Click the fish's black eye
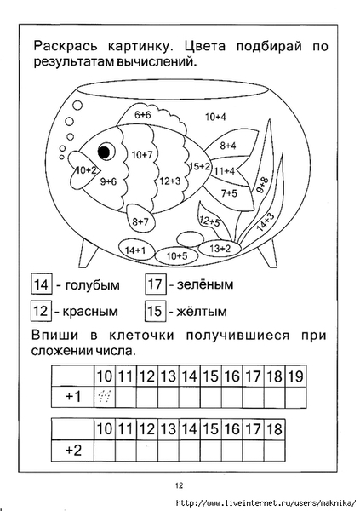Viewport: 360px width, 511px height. click(x=104, y=152)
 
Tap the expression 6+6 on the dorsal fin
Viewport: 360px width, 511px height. click(x=142, y=115)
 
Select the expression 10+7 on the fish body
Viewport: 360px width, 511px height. click(x=142, y=154)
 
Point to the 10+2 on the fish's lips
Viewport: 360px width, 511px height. click(x=86, y=170)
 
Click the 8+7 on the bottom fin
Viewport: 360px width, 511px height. click(x=140, y=221)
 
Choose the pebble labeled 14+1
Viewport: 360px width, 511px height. click(x=135, y=250)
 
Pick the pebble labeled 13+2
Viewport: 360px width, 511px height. click(x=220, y=249)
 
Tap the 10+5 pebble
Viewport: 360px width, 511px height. click(x=177, y=255)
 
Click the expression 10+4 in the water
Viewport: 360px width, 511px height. click(x=215, y=117)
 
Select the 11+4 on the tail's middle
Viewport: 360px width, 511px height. click(x=225, y=170)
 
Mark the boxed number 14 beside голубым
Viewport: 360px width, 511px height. click(x=42, y=284)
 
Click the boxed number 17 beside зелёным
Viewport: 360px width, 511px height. click(x=155, y=284)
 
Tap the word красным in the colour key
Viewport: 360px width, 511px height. click(x=90, y=312)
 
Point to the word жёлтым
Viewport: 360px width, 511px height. click(x=202, y=312)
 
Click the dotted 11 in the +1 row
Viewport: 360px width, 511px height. click(x=105, y=396)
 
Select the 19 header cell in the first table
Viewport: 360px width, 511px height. click(x=295, y=376)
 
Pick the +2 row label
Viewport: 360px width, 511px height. click(x=73, y=450)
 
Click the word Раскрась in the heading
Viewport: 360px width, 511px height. click(x=66, y=46)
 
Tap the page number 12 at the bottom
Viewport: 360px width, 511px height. click(x=180, y=485)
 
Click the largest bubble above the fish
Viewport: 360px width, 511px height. click(x=77, y=106)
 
